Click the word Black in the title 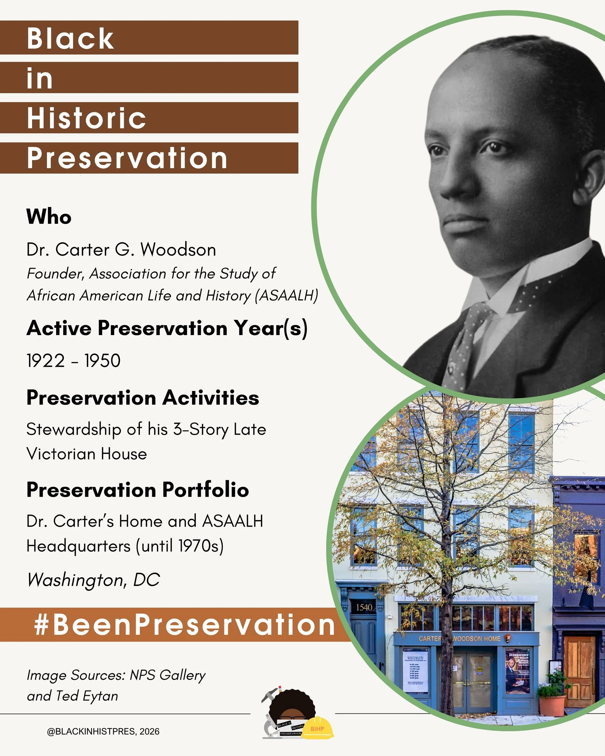click(70, 38)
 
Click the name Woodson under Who click(178, 250)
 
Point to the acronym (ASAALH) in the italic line click(287, 296)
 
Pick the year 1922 click(45, 361)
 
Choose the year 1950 click(102, 361)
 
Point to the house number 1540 click(364, 607)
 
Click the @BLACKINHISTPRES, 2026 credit click(103, 732)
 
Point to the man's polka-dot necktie click(467, 337)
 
